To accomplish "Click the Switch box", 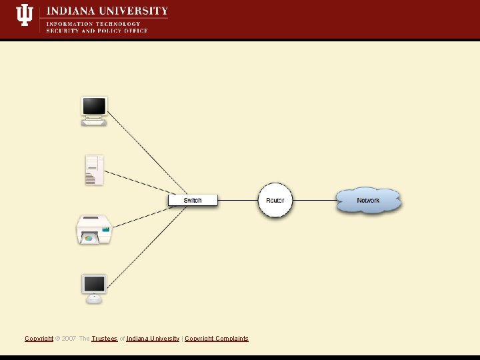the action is coord(193,200).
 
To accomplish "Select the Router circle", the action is coord(275,200).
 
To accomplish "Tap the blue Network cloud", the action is coord(368,200).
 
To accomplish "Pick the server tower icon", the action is coord(94,170).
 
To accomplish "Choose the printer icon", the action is coord(94,230).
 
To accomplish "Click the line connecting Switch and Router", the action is coord(238,200).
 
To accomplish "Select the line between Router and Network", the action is coord(314,200).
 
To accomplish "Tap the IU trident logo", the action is coord(25,15).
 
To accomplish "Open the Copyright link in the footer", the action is coord(39,339).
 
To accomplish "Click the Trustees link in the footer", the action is coord(104,339).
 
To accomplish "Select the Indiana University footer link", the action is coord(152,339).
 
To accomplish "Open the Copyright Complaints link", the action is coord(216,339).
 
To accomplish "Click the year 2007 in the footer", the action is coord(69,339).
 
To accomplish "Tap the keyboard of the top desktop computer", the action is coord(93,123).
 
